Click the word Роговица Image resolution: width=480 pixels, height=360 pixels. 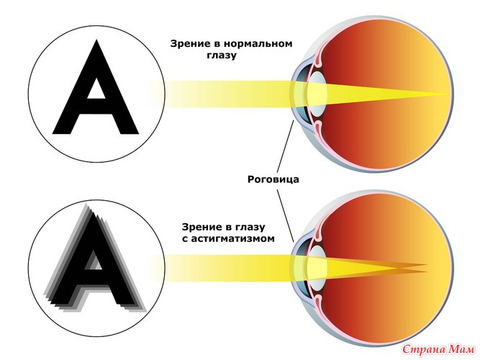[273, 179]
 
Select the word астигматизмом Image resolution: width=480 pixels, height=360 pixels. [232, 238]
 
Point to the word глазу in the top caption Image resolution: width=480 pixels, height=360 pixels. [222, 55]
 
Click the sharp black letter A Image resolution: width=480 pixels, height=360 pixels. [96, 87]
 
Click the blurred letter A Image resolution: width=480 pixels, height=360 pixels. [96, 257]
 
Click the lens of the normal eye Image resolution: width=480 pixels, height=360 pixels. [318, 93]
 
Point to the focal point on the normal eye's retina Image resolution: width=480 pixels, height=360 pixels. [448, 94]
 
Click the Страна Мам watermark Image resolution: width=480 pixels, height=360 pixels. [438, 349]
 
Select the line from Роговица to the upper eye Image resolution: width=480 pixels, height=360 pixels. [286, 146]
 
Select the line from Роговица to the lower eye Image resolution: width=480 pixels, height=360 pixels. [286, 216]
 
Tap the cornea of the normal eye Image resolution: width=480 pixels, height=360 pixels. [294, 93]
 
